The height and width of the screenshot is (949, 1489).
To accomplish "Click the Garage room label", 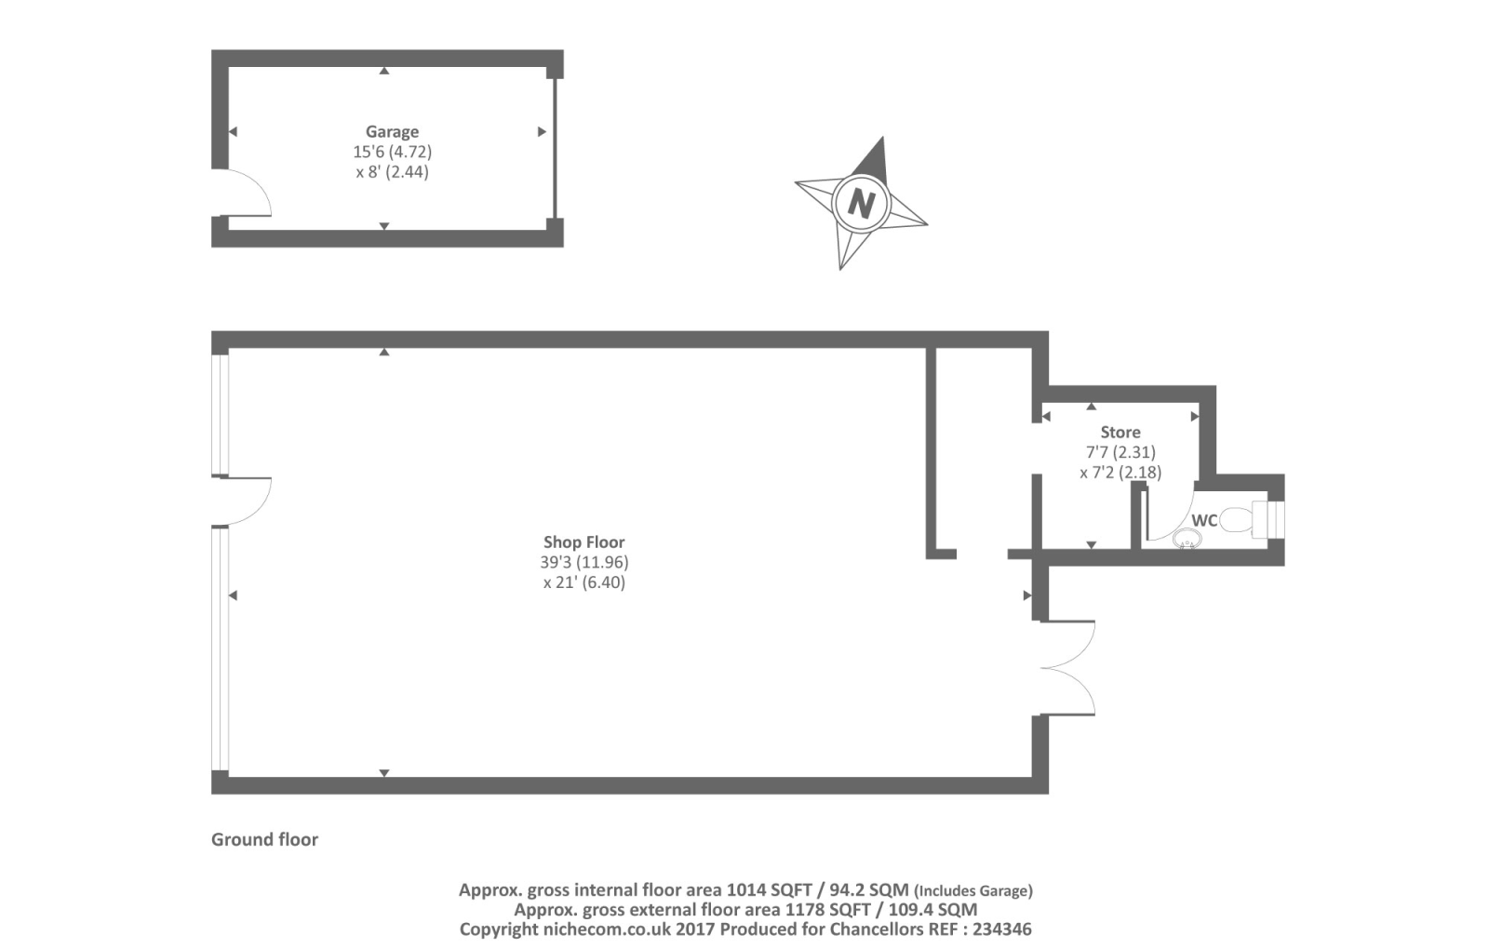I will [392, 132].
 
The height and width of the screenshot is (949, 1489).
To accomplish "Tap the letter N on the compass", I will [862, 203].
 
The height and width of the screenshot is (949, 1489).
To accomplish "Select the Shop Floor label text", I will [584, 542].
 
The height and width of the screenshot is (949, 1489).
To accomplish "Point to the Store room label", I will [1120, 433].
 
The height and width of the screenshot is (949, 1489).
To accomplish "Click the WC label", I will [1204, 521].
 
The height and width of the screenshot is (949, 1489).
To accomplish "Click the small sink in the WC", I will [1187, 539].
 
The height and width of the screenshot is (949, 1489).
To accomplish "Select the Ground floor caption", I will [264, 840].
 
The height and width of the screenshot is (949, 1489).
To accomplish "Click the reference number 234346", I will [1001, 929].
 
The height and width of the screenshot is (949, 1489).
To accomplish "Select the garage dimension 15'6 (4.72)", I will [392, 152].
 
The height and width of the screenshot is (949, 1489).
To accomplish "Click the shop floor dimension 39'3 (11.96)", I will [584, 563].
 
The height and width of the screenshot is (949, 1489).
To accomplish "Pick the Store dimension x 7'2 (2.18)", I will [1120, 473].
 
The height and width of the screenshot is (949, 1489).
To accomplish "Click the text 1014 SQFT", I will [770, 890].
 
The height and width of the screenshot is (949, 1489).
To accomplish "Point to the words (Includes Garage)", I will [973, 891].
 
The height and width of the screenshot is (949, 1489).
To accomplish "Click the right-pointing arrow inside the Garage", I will [542, 132].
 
